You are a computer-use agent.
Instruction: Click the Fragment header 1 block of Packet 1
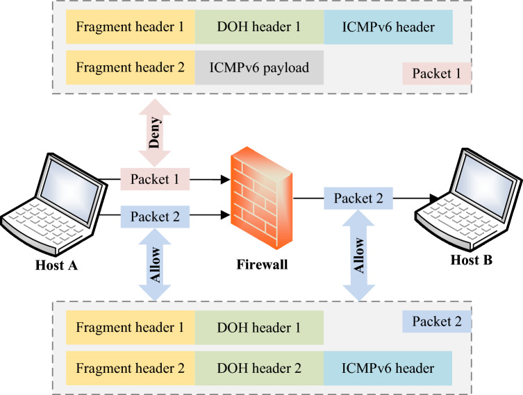coord(131,28)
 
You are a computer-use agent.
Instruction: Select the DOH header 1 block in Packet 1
coord(259,28)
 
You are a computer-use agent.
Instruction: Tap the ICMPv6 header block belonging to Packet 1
coord(388,28)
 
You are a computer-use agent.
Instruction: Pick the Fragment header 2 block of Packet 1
coord(131,68)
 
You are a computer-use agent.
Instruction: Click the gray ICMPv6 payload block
coord(259,68)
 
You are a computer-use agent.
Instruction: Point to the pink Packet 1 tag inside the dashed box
coord(436,73)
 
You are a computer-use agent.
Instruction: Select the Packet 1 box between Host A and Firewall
coord(155,179)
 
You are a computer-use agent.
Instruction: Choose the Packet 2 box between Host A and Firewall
coord(155,217)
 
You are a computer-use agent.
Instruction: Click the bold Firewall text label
coord(261,264)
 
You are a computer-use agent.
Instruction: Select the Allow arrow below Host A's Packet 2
coord(155,264)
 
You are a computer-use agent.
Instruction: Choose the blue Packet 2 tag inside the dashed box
coord(436,322)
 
